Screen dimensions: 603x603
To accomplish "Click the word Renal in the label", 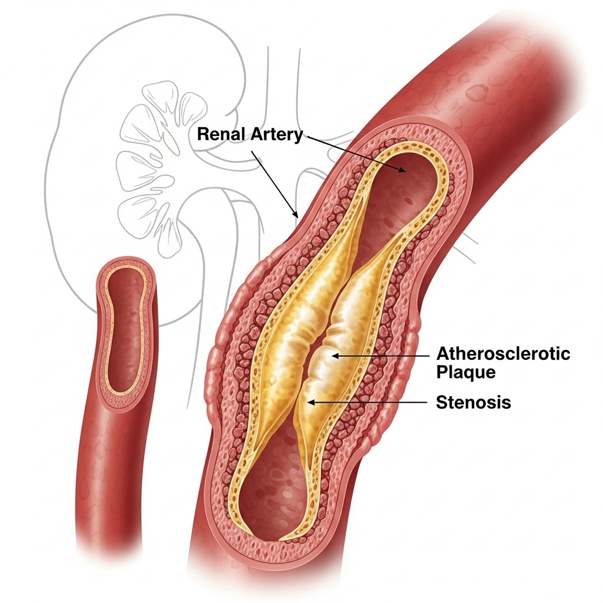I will point(216,134).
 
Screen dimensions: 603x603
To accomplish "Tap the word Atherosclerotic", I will point(503,354).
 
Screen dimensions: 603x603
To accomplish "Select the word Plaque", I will point(466,372).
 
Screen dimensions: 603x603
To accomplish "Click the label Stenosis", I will point(473,403).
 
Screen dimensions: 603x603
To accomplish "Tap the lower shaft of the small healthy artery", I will point(112,483).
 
